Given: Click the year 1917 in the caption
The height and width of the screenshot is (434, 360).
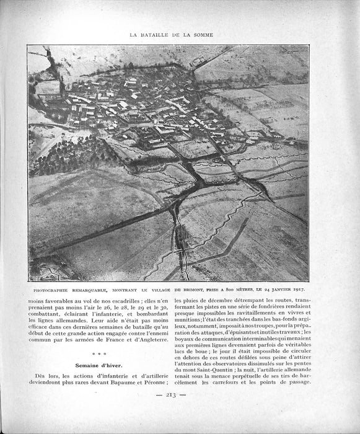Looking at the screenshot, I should [302, 289].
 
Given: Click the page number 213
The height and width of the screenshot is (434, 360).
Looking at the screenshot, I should [169, 412].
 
